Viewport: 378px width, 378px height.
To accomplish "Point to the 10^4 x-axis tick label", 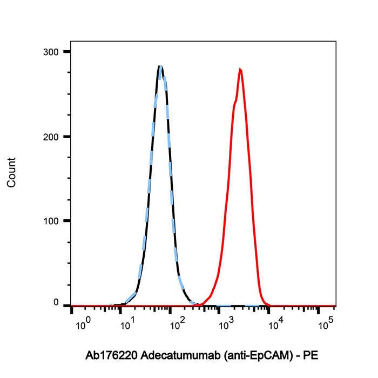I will (275, 325).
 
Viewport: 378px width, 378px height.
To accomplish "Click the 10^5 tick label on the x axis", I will (325, 325).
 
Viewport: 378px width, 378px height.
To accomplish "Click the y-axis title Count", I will (11, 172).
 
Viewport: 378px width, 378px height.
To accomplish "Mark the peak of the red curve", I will (240, 69).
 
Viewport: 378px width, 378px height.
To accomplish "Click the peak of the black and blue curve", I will (160, 66).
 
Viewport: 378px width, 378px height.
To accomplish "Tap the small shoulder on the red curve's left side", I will (234, 103).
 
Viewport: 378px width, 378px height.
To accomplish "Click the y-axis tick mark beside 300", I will (67, 52).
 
